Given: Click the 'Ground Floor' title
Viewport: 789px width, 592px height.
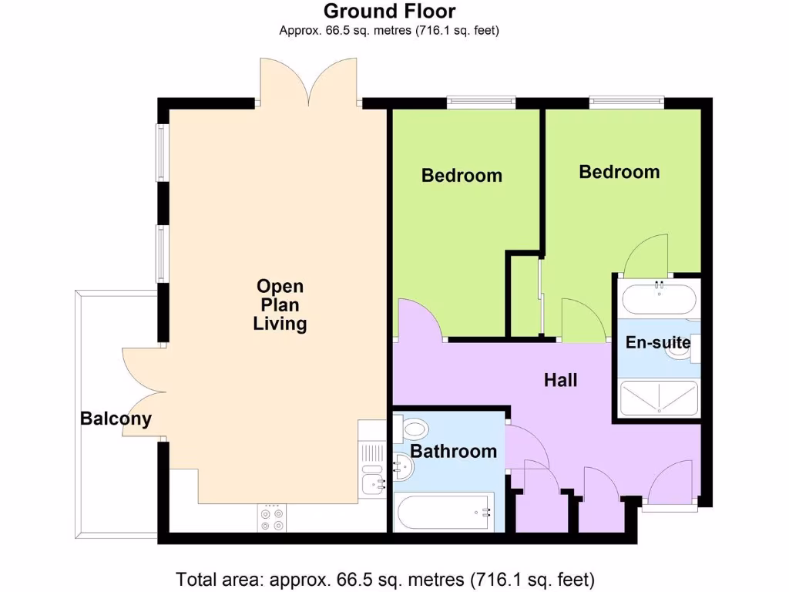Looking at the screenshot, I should point(389,11).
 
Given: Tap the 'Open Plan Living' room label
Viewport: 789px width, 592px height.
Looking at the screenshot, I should point(280,305).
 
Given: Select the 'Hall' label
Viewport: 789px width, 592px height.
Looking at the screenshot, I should point(560,380).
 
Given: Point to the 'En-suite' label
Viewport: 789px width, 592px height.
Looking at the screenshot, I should point(657,343).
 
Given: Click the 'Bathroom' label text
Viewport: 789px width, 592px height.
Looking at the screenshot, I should point(453,451).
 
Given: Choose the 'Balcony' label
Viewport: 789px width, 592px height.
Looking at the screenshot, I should point(116,419).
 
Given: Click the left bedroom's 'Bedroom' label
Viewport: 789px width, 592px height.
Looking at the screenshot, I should point(462,176).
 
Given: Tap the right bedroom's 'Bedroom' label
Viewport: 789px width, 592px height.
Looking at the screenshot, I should point(619,172).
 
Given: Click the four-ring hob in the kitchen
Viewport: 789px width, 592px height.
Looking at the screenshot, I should point(272,519).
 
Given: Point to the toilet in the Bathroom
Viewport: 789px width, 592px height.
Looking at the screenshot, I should point(414,429).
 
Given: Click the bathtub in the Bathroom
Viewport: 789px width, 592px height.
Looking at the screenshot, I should point(443,513).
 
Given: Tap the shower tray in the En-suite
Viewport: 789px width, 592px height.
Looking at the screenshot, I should point(659,399).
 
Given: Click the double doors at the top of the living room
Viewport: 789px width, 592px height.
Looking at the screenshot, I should point(308,83).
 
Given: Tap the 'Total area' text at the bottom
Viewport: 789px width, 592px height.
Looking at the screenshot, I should point(385,578).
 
